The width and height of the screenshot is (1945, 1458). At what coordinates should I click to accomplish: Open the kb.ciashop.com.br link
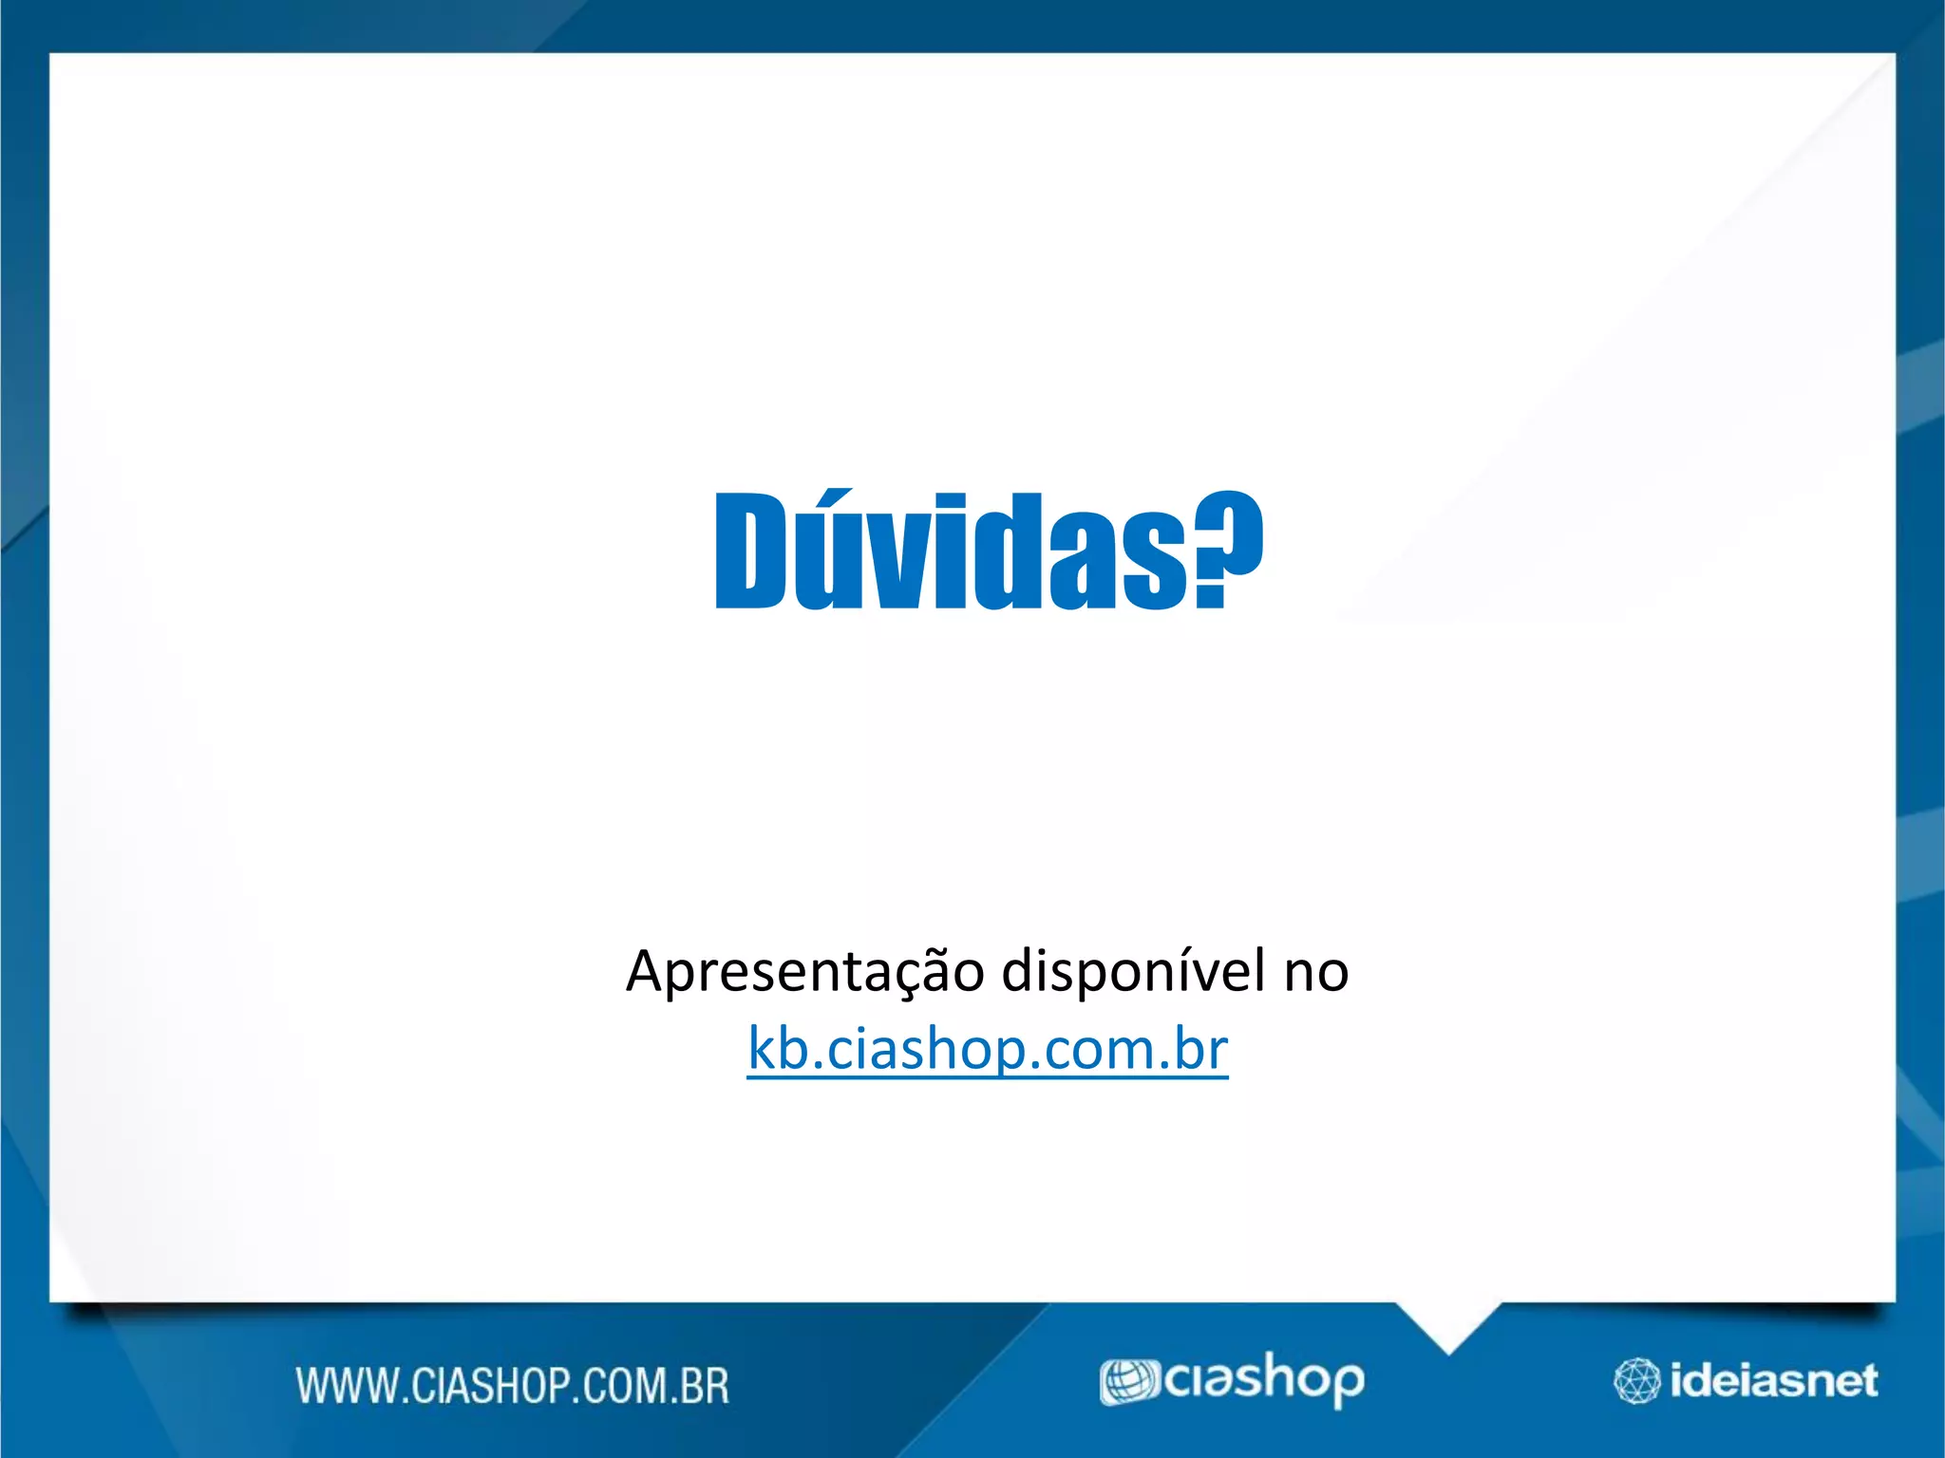tap(988, 1050)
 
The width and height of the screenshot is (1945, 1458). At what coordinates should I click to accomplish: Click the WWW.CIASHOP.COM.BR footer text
tap(513, 1386)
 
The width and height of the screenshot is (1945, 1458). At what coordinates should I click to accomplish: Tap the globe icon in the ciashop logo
tap(1128, 1382)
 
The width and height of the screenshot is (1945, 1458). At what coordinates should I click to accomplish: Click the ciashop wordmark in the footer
tap(1263, 1380)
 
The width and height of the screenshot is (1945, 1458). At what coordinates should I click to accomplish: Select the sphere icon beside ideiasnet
tap(1636, 1381)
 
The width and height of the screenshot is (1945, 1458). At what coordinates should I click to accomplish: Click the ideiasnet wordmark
tap(1773, 1381)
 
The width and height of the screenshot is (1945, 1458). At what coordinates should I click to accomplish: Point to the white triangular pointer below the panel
tap(1447, 1324)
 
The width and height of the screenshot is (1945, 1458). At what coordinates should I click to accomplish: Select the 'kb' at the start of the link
tap(778, 1048)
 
